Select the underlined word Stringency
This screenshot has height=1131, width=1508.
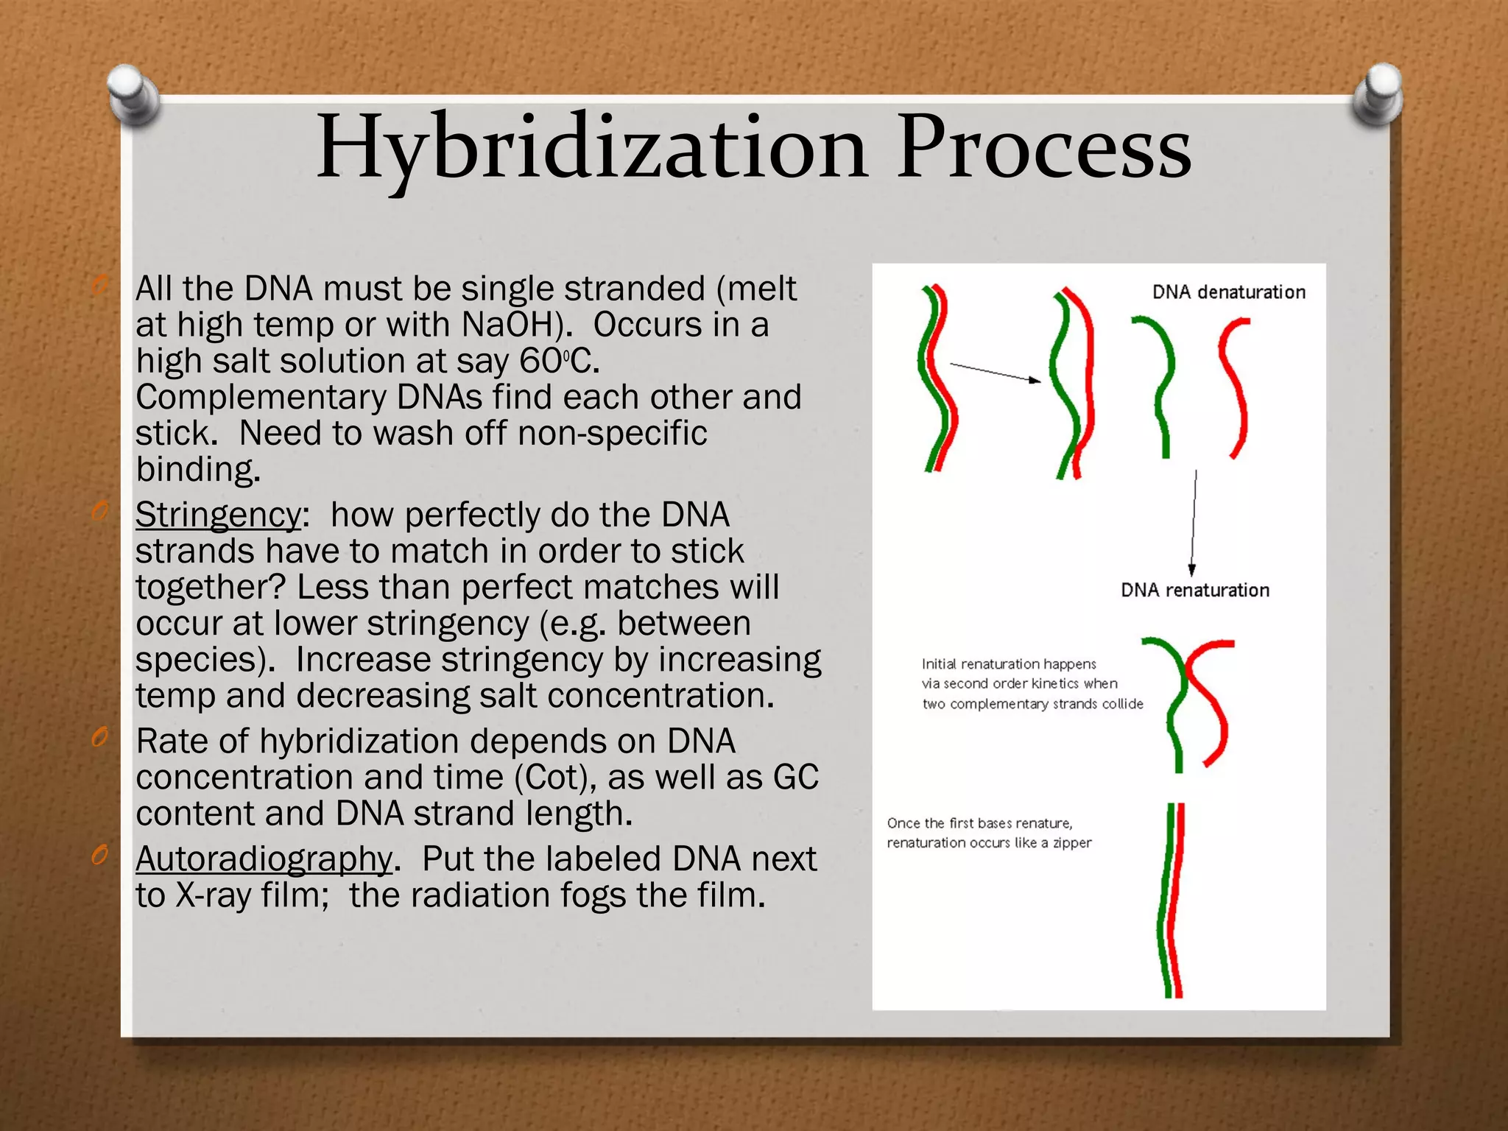pyautogui.click(x=218, y=515)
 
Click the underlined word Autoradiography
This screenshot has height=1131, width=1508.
pyautogui.click(x=264, y=859)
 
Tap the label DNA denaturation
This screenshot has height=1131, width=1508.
pyautogui.click(x=1228, y=292)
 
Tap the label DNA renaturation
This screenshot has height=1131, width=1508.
pyautogui.click(x=1194, y=590)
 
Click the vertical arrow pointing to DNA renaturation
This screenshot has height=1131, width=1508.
pyautogui.click(x=1194, y=523)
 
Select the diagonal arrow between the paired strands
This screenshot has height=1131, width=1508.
pyautogui.click(x=994, y=372)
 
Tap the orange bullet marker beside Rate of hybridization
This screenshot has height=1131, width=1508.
pyautogui.click(x=100, y=737)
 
